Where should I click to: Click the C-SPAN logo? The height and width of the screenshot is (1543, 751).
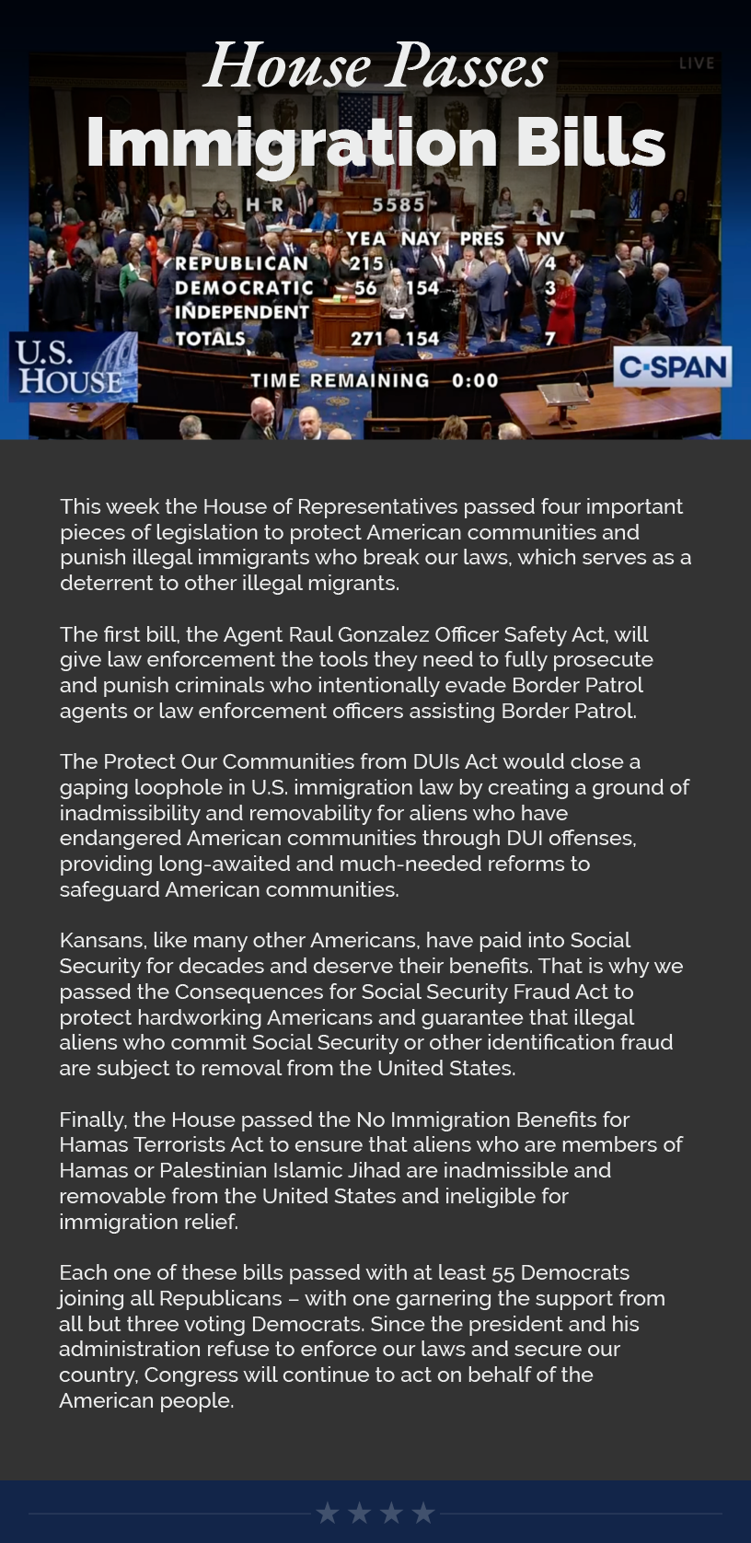tap(673, 368)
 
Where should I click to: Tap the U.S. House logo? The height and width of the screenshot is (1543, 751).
tap(73, 367)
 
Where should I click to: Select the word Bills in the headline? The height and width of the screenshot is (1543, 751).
tap(590, 143)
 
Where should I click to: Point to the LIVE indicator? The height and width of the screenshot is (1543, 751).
tap(697, 64)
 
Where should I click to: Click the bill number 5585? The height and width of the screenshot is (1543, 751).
tap(398, 204)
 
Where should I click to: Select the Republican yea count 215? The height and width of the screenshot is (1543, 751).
tap(365, 263)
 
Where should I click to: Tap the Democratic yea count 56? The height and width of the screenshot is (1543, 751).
tap(365, 288)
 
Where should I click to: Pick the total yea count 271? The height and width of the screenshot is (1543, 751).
tap(367, 339)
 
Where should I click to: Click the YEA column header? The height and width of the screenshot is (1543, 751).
tap(365, 239)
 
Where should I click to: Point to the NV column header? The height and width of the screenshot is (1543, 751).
tap(549, 239)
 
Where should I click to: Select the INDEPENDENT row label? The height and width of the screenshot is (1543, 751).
tap(242, 312)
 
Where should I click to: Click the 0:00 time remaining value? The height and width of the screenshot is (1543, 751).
tap(475, 380)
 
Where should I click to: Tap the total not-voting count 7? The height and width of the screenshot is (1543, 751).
tap(549, 339)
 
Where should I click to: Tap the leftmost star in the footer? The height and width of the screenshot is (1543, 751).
tap(328, 1513)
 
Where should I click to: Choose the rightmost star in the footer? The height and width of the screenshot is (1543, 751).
tap(422, 1513)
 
